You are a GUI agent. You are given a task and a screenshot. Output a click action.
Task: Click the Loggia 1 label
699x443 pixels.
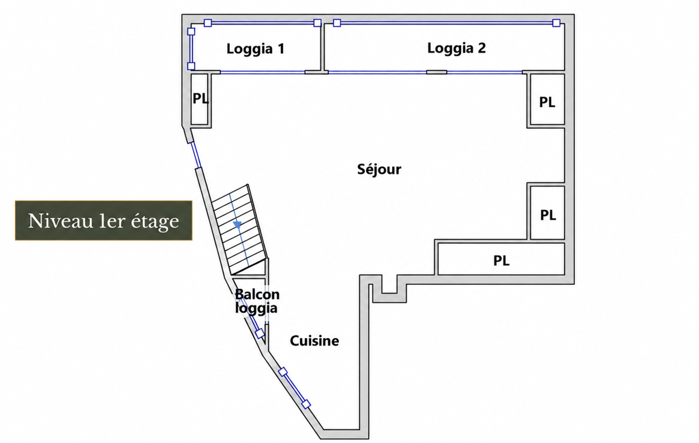pos(255,49)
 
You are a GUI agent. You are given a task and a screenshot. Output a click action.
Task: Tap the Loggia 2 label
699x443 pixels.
pos(456,48)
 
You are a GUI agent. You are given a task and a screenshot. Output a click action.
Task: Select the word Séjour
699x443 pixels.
pos(379,169)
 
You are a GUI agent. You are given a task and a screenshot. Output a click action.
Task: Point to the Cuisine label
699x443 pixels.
pos(314,341)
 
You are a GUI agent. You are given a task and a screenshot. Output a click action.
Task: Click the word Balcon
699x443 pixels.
pos(257,294)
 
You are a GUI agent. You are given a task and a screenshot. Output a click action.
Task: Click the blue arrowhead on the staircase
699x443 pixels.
pos(237,225)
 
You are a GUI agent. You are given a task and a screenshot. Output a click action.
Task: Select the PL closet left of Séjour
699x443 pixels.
pos(200,99)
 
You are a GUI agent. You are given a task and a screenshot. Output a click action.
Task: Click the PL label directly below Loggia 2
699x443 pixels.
pos(547,102)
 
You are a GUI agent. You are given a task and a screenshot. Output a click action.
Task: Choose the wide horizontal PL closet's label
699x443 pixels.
pos(501,260)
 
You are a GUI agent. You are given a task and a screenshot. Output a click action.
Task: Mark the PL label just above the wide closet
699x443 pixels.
pos(548,215)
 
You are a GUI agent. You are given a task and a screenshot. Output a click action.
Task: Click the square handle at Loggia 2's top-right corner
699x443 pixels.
pos(556,22)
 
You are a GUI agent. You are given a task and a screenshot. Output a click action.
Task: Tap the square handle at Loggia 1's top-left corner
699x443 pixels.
pos(208,22)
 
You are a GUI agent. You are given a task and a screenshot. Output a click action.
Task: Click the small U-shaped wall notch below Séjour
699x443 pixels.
pos(389,290)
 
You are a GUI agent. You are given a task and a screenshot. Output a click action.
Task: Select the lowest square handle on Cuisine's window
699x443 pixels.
pos(306,405)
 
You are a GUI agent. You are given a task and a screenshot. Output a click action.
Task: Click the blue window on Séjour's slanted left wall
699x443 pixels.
pos(196,155)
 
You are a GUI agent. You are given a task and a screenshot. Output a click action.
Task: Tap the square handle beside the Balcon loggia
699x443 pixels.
pos(259,334)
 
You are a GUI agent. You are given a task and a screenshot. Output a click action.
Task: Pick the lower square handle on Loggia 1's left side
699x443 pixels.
pos(191,66)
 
